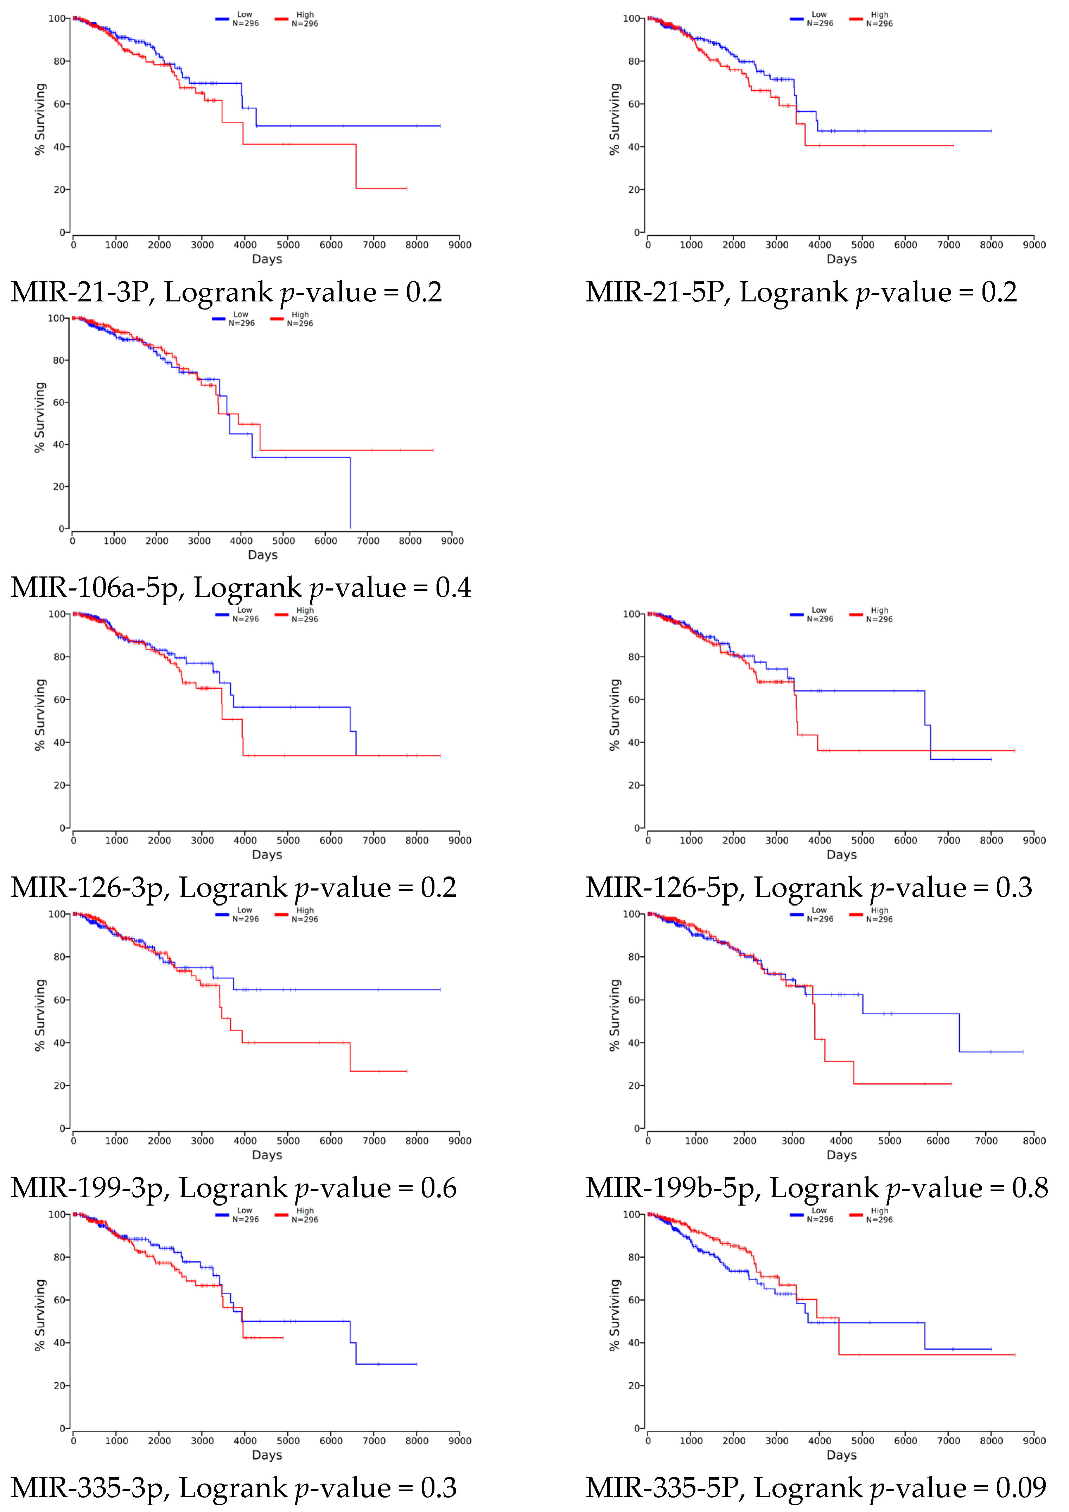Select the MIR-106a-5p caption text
click(x=241, y=587)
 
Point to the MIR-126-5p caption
click(x=809, y=888)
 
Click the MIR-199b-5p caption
click(x=817, y=1188)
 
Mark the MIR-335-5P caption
click(x=815, y=1488)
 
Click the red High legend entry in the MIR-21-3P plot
click(x=298, y=19)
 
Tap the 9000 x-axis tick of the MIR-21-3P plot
click(x=460, y=245)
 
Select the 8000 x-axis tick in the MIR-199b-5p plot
click(x=1034, y=1141)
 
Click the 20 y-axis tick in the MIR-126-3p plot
click(x=59, y=785)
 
